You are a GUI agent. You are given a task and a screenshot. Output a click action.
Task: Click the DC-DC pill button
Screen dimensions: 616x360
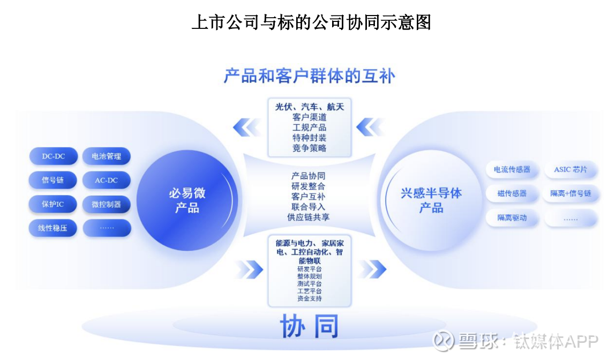click(53, 156)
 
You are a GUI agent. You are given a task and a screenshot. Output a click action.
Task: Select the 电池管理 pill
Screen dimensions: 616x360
click(107, 156)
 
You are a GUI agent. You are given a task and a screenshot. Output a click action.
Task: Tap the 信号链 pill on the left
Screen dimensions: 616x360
click(52, 181)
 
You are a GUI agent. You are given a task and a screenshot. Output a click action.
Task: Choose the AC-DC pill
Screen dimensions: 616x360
click(107, 181)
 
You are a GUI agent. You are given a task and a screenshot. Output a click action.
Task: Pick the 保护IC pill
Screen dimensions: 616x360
click(52, 204)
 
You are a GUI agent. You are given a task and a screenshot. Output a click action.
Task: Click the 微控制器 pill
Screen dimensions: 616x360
click(107, 204)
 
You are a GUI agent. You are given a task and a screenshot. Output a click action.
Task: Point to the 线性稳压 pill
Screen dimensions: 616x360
click(52, 228)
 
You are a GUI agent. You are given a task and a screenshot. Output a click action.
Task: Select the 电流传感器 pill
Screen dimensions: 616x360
click(512, 170)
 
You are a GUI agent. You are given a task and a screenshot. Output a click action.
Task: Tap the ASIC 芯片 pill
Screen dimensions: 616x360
click(570, 170)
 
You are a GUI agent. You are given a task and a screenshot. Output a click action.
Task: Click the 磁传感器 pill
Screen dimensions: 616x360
click(512, 194)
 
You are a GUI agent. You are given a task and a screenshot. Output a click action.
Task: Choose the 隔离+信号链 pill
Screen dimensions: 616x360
click(570, 194)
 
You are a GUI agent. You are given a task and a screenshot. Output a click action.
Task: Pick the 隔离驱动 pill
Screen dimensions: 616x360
click(512, 218)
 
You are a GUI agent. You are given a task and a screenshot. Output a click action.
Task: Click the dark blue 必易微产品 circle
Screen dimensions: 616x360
click(187, 200)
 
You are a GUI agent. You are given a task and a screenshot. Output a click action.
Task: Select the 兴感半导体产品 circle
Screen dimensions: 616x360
click(431, 200)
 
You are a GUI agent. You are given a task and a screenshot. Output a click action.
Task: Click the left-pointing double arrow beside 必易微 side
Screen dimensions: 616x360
click(246, 127)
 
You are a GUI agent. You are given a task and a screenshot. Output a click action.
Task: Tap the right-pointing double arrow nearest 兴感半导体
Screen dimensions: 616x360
click(373, 269)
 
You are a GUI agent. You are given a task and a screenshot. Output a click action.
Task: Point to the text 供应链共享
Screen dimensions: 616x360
click(309, 217)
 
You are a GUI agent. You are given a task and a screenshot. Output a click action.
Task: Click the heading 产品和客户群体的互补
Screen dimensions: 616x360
click(310, 76)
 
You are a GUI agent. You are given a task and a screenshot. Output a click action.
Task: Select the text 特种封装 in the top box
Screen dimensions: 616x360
click(309, 138)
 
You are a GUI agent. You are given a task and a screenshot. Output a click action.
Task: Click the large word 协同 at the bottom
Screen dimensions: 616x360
click(309, 326)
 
